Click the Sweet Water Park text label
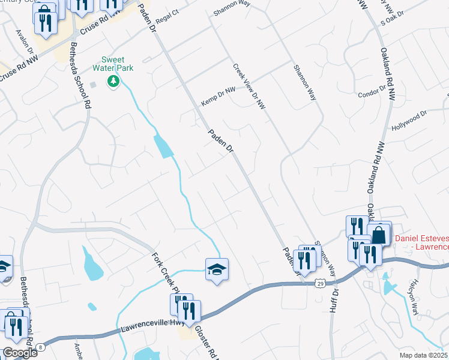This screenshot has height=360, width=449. [x=116, y=64]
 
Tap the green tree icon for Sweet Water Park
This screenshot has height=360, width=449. [x=112, y=81]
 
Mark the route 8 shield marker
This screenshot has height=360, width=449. [x=40, y=347]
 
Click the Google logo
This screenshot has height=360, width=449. [x=20, y=352]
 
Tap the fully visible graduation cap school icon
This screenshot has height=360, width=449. [x=217, y=269]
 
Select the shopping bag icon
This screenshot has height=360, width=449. [x=379, y=233]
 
